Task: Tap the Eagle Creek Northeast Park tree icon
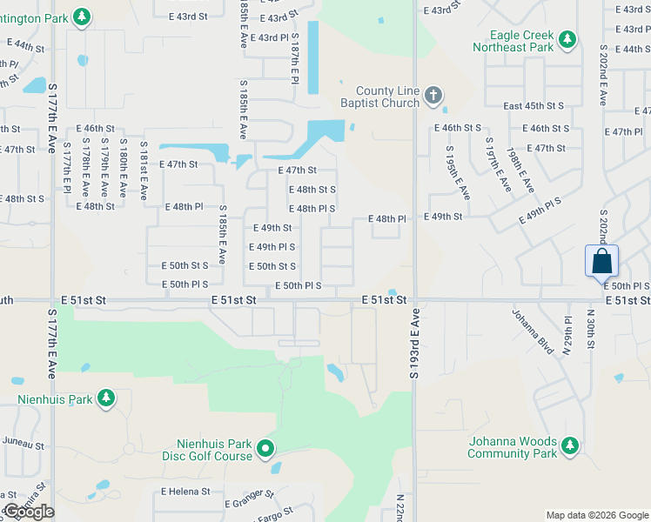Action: click(x=567, y=39)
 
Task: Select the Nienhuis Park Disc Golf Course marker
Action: click(x=266, y=450)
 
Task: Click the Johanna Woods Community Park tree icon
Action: click(x=569, y=446)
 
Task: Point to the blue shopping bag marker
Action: click(x=602, y=260)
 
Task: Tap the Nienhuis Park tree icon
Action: click(x=106, y=398)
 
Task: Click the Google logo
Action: click(x=29, y=512)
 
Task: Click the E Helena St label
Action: click(x=185, y=491)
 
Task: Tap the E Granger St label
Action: click(x=249, y=499)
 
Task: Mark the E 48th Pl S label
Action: click(x=312, y=209)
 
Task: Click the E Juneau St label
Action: click(x=22, y=445)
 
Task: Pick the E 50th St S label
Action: click(x=185, y=265)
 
